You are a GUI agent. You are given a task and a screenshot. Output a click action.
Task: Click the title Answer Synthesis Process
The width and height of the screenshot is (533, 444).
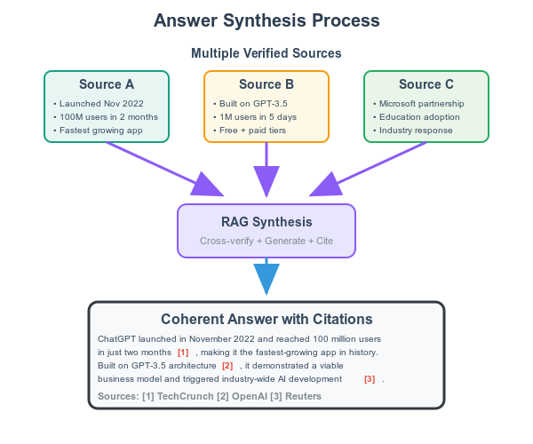[266, 20]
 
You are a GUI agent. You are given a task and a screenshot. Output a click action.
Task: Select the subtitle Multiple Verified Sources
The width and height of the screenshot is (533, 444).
[266, 53]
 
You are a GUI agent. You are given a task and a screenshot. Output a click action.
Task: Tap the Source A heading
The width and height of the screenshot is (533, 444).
[107, 85]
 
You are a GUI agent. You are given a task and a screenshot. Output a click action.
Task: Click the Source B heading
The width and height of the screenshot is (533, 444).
[266, 85]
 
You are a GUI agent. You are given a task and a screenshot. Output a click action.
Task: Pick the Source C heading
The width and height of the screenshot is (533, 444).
[426, 85]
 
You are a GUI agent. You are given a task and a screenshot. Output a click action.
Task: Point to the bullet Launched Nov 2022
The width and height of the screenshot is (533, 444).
[102, 104]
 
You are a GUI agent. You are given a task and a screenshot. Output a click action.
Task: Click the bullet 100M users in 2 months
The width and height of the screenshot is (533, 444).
[109, 117]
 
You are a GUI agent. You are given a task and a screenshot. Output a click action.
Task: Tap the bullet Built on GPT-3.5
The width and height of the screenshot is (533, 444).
[255, 104]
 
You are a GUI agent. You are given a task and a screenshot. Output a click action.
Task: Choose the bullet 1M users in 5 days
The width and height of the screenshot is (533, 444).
[260, 117]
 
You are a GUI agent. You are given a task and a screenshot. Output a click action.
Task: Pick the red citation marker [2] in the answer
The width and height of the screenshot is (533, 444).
[227, 366]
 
